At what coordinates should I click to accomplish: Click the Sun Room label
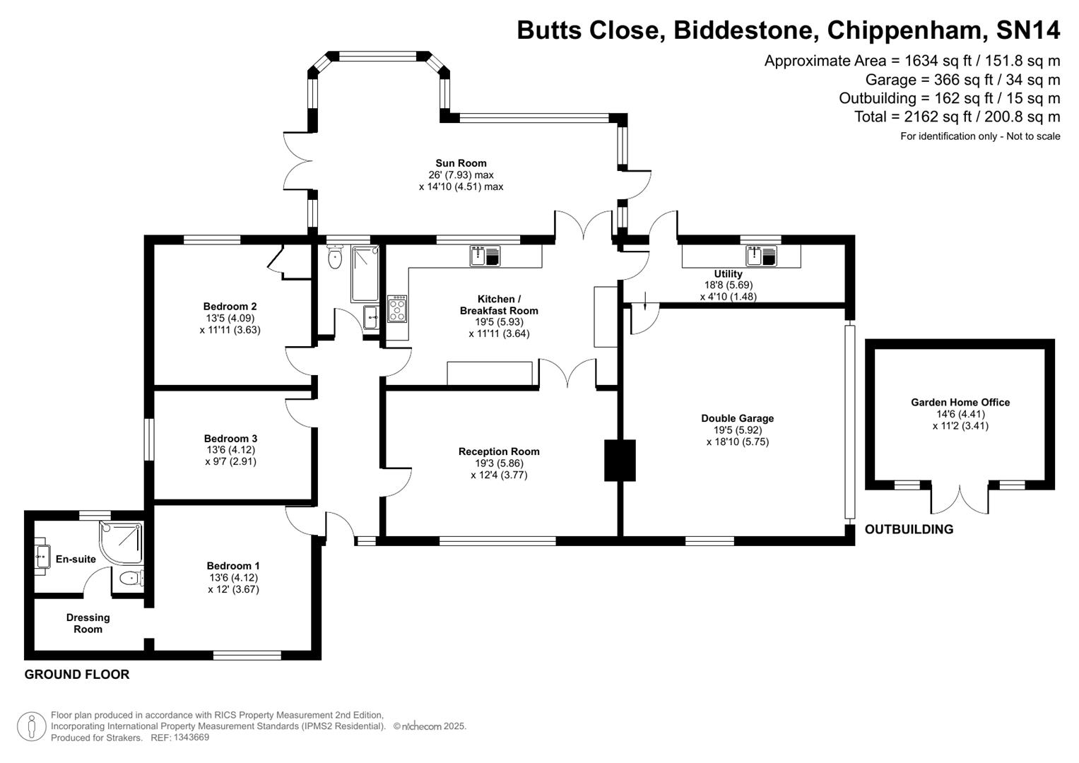tap(461, 163)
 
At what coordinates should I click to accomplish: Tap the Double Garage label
tap(737, 418)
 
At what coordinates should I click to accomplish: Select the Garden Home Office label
tap(960, 402)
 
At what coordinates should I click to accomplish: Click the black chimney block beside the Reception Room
tap(620, 461)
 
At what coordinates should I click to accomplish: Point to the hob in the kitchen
tap(397, 309)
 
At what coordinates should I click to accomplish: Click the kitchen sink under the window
tap(485, 256)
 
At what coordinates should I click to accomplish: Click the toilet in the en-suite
tap(131, 579)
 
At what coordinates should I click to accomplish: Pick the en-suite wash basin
tap(41, 557)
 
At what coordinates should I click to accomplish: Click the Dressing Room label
tap(88, 623)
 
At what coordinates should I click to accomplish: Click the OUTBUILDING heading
tap(909, 529)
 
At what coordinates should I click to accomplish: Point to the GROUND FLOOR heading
tap(77, 674)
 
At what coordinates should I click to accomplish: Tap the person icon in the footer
tap(31, 726)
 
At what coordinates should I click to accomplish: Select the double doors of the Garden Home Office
tap(960, 499)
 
